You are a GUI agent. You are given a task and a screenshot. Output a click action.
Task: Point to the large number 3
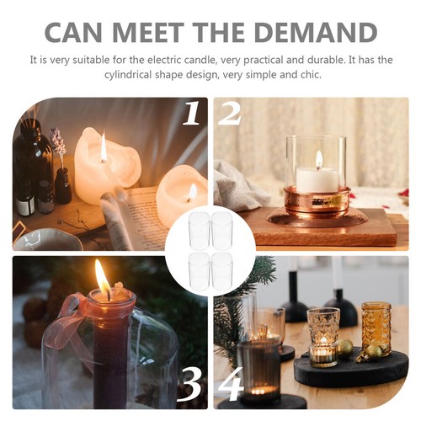point(191,386)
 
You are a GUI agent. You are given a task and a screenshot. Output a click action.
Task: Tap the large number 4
point(229,386)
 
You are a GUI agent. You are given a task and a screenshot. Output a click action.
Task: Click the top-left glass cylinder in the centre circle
point(199,230)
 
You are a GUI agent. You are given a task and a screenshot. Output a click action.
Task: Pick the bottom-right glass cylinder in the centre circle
point(222,270)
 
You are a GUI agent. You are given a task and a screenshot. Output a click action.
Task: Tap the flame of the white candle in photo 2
point(318,159)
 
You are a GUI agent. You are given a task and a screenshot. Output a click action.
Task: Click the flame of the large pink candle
point(104,149)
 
